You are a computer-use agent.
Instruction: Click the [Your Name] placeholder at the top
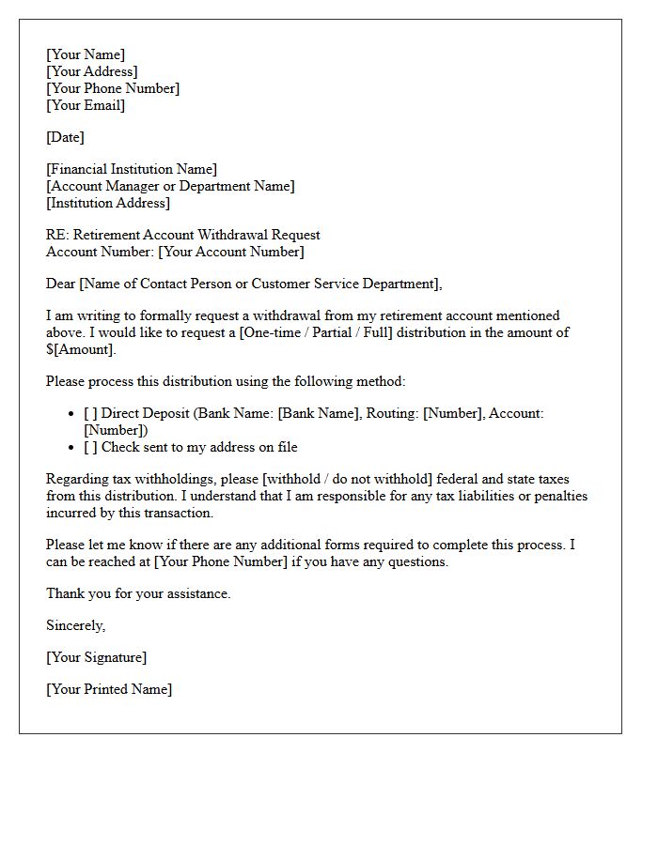click(x=86, y=54)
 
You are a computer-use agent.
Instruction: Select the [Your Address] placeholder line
click(x=92, y=71)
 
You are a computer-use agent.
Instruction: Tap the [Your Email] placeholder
click(x=86, y=105)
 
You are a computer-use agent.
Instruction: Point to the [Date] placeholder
click(x=65, y=137)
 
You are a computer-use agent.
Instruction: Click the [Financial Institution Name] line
click(x=132, y=169)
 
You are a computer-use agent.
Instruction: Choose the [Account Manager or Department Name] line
click(x=170, y=186)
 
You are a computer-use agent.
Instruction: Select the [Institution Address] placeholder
click(x=108, y=203)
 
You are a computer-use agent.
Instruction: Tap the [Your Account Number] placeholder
click(x=231, y=252)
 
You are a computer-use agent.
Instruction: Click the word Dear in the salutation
click(x=61, y=284)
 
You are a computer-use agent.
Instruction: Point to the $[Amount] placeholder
click(x=81, y=349)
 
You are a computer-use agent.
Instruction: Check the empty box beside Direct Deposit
click(x=90, y=413)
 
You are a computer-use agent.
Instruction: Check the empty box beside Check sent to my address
click(x=90, y=447)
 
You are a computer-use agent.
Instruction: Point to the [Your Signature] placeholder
click(x=97, y=657)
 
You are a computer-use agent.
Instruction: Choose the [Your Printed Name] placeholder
click(x=109, y=689)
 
